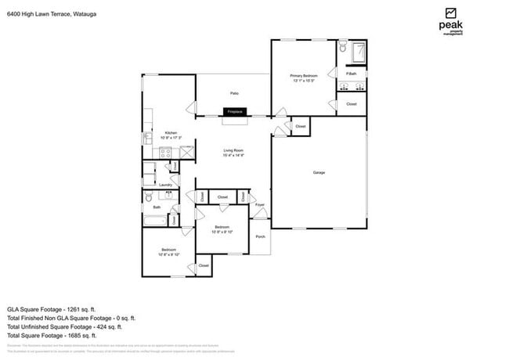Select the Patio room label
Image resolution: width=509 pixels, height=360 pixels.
(x=233, y=93)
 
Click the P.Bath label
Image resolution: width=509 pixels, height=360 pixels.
(x=351, y=74)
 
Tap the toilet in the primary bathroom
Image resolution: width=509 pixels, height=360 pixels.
(x=343, y=49)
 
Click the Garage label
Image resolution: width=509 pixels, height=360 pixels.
(x=319, y=172)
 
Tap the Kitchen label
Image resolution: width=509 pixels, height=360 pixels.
(x=171, y=134)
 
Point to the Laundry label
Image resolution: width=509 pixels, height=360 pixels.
(x=166, y=185)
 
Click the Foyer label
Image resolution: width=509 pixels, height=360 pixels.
(x=260, y=204)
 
